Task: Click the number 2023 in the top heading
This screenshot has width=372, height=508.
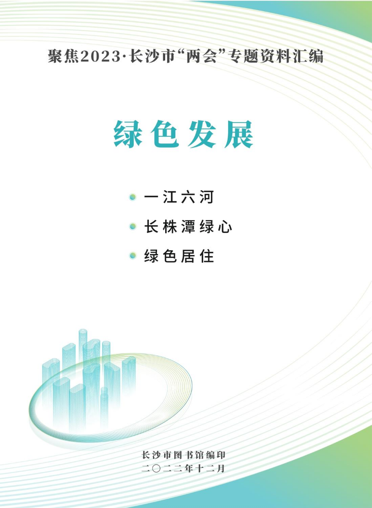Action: click(100, 56)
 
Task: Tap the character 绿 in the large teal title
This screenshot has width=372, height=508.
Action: click(128, 134)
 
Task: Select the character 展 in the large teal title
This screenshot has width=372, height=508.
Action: click(239, 134)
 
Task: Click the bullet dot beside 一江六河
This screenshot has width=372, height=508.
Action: click(133, 197)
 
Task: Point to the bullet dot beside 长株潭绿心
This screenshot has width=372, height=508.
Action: click(133, 226)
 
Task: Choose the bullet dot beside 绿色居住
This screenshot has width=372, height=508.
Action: click(133, 256)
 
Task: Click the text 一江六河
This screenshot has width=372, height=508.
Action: click(179, 197)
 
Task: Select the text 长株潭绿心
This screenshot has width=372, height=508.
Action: click(188, 226)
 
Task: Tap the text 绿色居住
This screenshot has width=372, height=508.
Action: click(179, 256)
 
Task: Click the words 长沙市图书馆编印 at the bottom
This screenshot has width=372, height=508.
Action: click(183, 455)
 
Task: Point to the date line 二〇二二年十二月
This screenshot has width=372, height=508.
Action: click(183, 468)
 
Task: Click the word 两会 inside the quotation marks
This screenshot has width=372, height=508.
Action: click(201, 56)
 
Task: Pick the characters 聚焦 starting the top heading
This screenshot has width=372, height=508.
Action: click(64, 56)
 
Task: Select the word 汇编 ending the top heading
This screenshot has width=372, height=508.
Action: click(308, 56)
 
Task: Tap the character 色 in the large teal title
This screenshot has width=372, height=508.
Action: click(165, 134)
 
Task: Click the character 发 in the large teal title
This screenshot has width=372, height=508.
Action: click(202, 134)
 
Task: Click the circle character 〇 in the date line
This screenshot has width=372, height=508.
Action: click(156, 468)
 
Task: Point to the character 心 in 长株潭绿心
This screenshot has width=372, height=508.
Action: click(225, 226)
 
